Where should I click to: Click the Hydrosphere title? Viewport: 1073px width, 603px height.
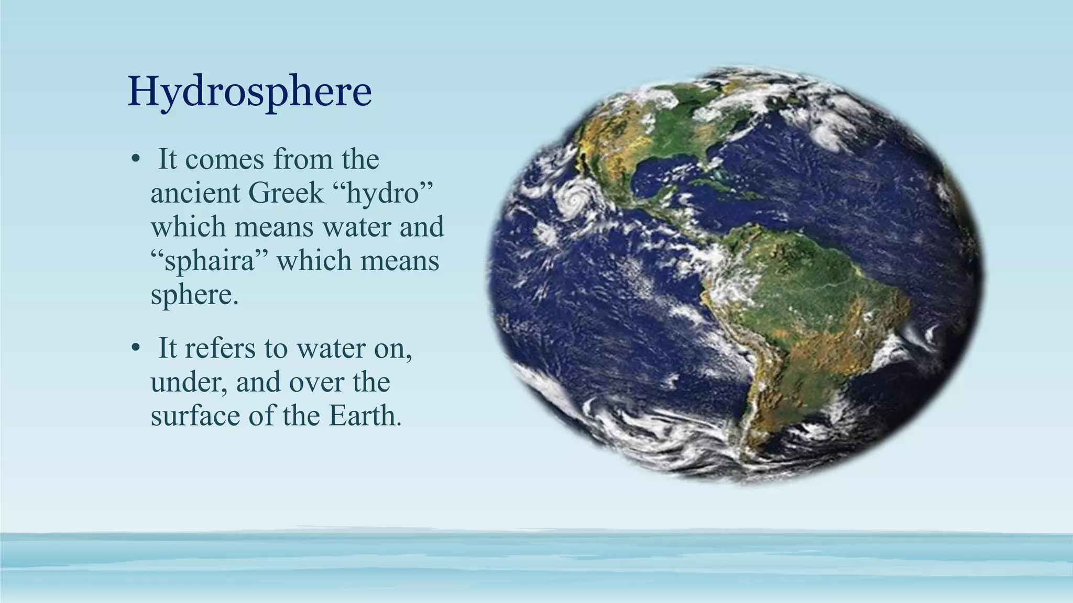coord(249,91)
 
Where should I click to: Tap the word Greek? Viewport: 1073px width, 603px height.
coord(286,193)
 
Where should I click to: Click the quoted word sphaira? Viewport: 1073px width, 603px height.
coord(210,261)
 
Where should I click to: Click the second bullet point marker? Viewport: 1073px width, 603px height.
coord(135,348)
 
